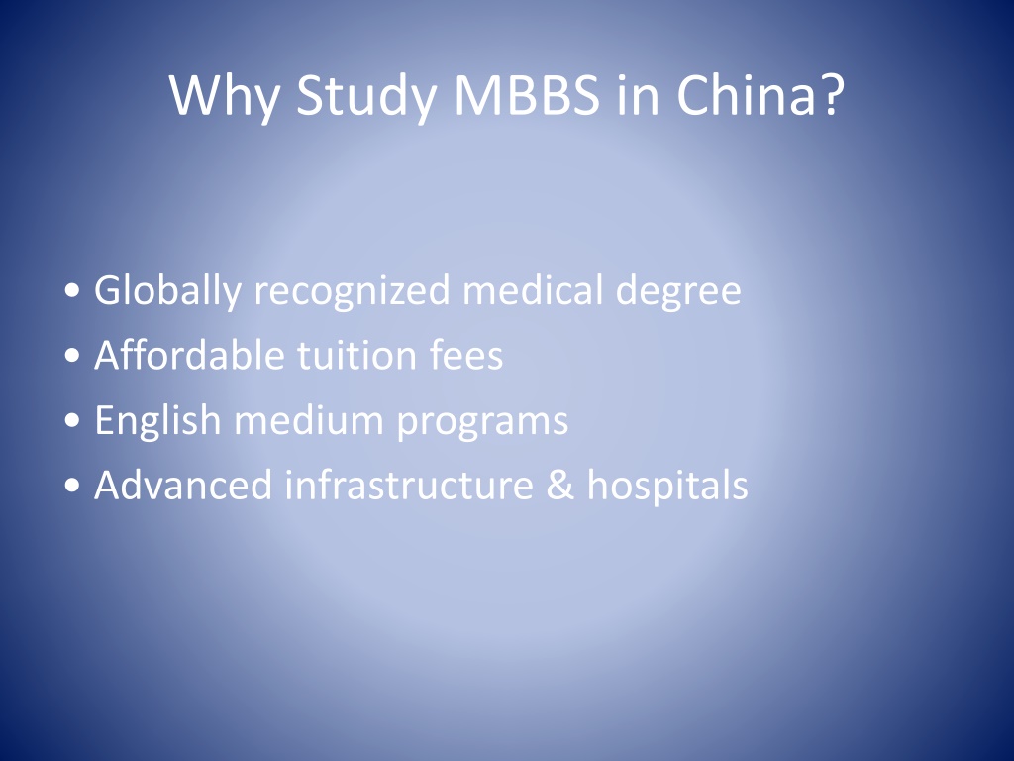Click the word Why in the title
coord(225,96)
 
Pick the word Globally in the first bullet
coord(167,291)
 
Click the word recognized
coord(352,291)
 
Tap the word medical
coord(533,289)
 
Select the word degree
coord(678,291)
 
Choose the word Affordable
coord(189,355)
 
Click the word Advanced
coord(183,484)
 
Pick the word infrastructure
coord(409,484)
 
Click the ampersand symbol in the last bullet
coord(560,485)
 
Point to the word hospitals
coord(667,486)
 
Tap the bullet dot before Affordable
coord(72,356)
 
